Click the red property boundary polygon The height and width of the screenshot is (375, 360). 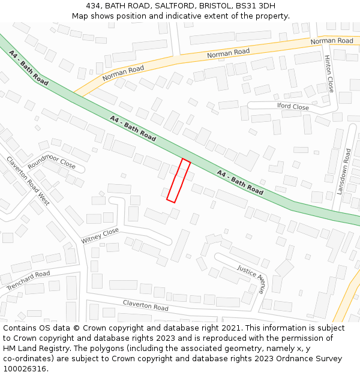pos(179,181)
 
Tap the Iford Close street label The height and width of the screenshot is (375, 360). pos(293,107)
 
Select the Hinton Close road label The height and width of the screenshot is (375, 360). pos(328,74)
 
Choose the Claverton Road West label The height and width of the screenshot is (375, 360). pos(28,181)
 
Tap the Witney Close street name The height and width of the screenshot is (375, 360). pos(100,236)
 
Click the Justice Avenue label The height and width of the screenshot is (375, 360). pos(250,278)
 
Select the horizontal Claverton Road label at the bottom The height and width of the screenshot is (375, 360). pos(146,305)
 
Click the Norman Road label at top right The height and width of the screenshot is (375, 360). pos(332,41)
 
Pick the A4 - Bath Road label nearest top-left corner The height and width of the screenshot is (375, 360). pos(29,67)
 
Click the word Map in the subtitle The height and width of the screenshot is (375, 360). pos(81,16)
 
